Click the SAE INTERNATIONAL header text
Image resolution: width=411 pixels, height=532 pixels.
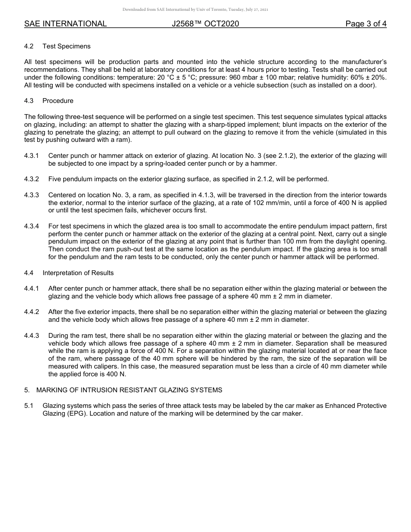coord(65,24)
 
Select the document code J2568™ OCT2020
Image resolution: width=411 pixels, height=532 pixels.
coord(205,24)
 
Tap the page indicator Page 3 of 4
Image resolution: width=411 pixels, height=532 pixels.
coord(366,24)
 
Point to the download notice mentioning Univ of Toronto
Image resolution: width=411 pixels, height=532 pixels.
coord(195,10)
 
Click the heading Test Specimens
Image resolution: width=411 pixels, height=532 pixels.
coord(66,46)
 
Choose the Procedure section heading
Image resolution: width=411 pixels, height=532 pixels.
coord(58,101)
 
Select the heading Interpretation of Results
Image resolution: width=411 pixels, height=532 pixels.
coord(78,272)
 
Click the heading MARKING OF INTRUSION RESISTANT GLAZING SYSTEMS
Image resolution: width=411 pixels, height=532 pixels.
coord(129,390)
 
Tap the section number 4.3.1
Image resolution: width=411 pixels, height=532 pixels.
coord(32,156)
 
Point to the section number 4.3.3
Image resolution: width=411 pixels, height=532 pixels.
coord(32,195)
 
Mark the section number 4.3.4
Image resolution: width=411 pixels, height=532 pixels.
coord(32,226)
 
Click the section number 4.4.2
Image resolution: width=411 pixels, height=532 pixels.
coord(32,312)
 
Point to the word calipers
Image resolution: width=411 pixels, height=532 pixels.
coord(105,367)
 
